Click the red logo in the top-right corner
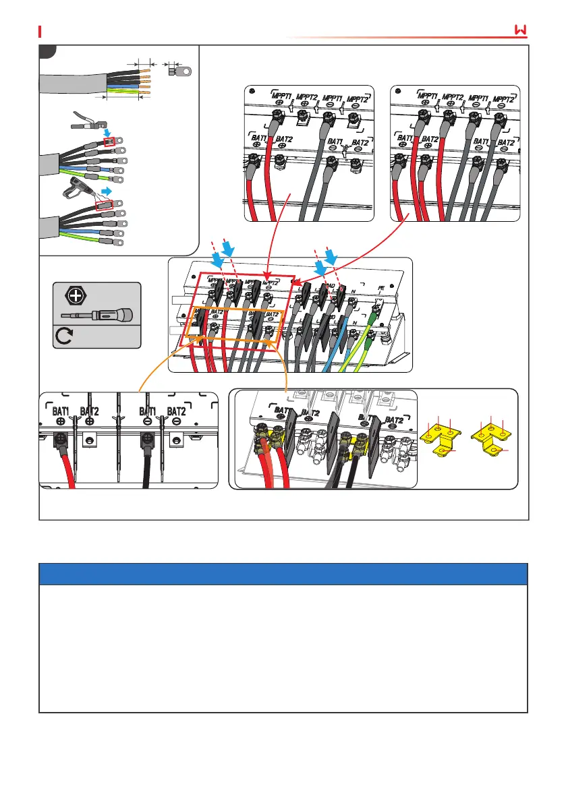coord(520,31)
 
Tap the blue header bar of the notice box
coord(283,574)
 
